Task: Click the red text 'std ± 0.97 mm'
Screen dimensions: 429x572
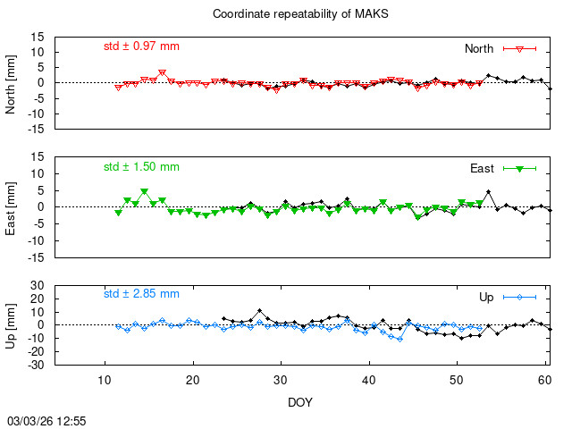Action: tap(141, 46)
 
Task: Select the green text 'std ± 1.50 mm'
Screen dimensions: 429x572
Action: tap(141, 166)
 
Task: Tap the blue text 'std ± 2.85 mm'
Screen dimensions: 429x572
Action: tap(141, 293)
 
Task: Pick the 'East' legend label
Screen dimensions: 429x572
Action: tap(483, 168)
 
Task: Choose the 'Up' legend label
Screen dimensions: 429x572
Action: tap(486, 297)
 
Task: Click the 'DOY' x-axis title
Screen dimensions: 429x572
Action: tap(300, 402)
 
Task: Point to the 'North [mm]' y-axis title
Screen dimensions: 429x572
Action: tap(12, 83)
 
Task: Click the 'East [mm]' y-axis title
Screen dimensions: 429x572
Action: tap(12, 206)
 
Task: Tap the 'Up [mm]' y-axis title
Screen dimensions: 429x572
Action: tap(12, 325)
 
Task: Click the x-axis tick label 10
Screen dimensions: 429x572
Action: tap(105, 380)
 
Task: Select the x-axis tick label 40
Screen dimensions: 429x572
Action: tap(368, 380)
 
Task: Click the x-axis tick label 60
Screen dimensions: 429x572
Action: tap(544, 380)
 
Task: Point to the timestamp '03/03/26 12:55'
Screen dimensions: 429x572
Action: tap(46, 419)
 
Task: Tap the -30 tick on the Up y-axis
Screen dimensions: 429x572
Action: tap(37, 365)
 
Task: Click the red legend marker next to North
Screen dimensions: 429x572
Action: tap(518, 48)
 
